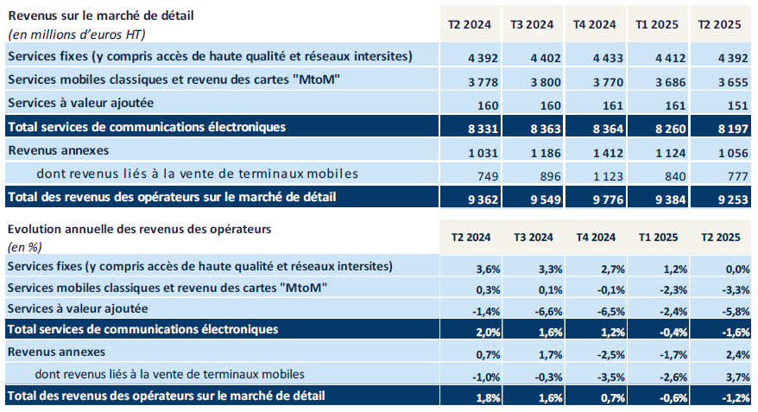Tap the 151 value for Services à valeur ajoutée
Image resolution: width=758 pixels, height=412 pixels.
tap(726, 104)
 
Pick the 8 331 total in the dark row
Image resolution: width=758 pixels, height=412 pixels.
tap(469, 127)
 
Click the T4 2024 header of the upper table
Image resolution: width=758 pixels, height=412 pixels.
tap(595, 24)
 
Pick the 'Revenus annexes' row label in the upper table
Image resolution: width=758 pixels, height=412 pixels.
tap(57, 150)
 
